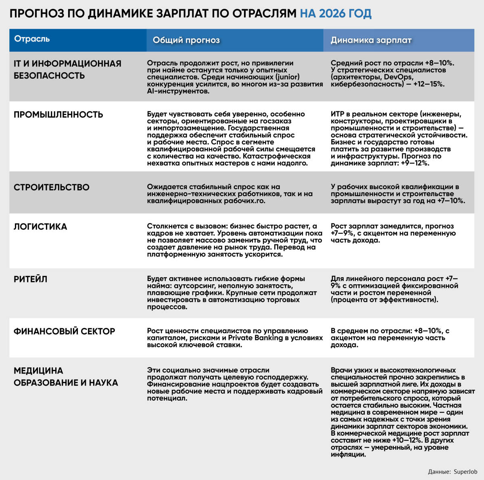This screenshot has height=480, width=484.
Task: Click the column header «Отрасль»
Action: pos(32,39)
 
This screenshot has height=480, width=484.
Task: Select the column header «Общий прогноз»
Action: pos(186,40)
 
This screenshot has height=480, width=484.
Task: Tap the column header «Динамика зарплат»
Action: pos(371,40)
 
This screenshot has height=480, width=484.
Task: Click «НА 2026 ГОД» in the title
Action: pos(336,14)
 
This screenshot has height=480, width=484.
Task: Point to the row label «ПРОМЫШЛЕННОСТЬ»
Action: pos(58,115)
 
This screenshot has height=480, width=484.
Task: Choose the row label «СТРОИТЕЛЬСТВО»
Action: pos(52,187)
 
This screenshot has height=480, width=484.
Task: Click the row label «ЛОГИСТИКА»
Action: pos(40,227)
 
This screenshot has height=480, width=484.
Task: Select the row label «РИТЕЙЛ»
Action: pos(31,279)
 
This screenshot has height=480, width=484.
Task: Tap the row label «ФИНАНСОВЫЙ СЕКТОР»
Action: pos(65,331)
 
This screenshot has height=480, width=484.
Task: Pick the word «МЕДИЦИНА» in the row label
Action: pos(38,371)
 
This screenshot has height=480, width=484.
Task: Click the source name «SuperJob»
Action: pos(465,471)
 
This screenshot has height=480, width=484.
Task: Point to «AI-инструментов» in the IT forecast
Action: pos(177,91)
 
